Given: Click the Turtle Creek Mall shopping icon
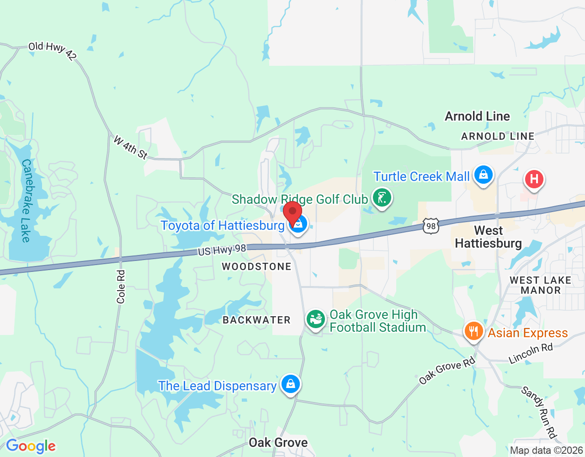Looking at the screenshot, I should [483, 175].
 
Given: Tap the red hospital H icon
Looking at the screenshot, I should [534, 179].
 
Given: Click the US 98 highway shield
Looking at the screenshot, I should [431, 226].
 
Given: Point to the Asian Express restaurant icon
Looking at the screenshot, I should [473, 331].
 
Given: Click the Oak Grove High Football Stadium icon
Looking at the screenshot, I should [315, 319].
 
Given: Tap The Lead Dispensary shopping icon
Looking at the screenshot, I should [290, 384].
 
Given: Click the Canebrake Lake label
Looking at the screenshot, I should [26, 201].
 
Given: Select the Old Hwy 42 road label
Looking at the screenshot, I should [52, 51].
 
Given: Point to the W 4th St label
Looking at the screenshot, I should [131, 147].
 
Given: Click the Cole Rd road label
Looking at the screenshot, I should [121, 287].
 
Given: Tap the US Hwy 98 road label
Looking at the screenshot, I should [222, 250].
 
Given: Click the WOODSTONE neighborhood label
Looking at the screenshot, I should [256, 266].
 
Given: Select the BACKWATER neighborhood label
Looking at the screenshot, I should [256, 320].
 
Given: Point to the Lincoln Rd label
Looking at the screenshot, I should [531, 353].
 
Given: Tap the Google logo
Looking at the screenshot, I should [31, 446].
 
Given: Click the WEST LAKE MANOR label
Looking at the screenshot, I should [541, 285].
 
